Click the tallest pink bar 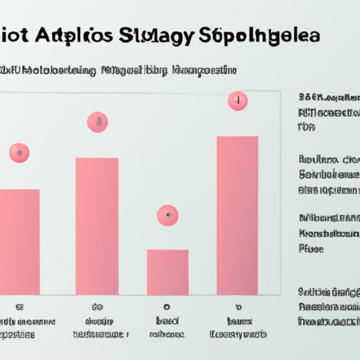[238, 214]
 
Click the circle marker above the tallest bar [238, 101]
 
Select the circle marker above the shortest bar [167, 214]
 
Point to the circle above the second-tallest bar [98, 122]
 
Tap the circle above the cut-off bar [19, 152]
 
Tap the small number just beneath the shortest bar [167, 307]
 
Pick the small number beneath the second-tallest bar [97, 307]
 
